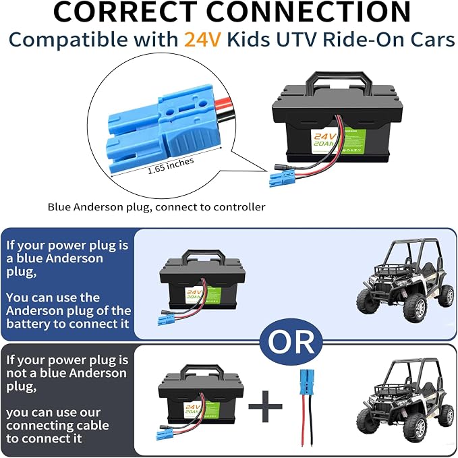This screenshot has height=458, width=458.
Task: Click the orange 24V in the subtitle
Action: pyautogui.click(x=202, y=39)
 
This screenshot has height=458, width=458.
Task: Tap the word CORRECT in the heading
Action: pyautogui.click(x=125, y=11)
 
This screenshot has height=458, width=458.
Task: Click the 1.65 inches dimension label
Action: pyautogui.click(x=171, y=166)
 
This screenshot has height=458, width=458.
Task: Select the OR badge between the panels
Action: pyautogui.click(x=291, y=341)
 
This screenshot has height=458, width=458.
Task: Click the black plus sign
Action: pyautogui.click(x=265, y=406)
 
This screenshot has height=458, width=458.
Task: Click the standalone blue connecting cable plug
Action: pyautogui.click(x=307, y=379)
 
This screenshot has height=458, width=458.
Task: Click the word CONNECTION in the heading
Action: pyautogui.click(x=308, y=11)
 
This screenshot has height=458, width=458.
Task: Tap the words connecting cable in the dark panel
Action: pyautogui.click(x=57, y=426)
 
